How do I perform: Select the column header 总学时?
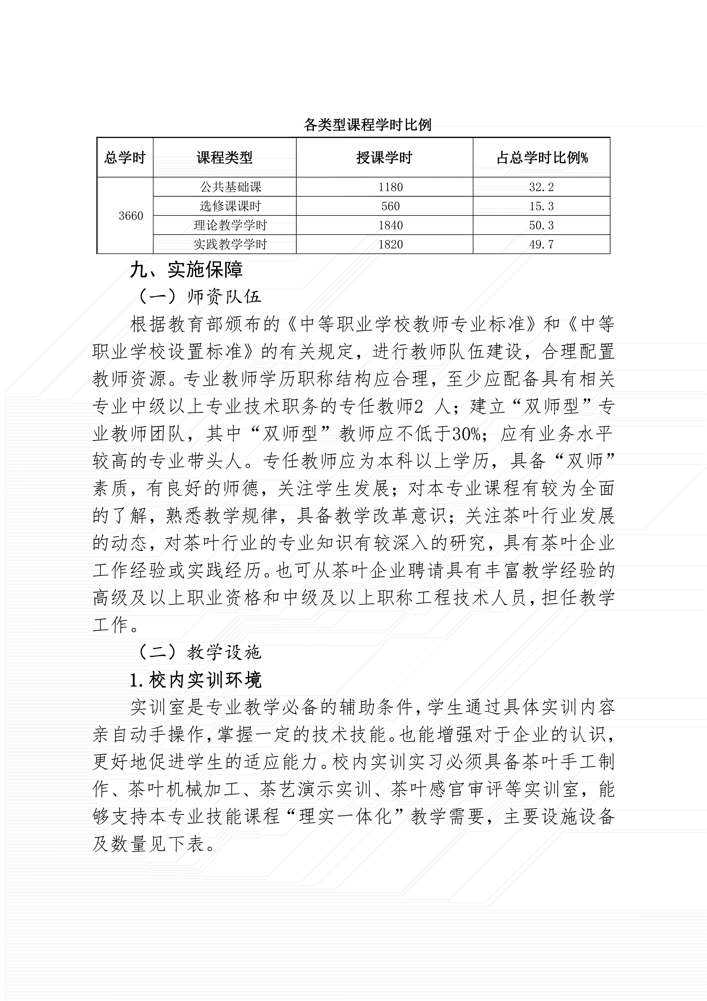[125, 157]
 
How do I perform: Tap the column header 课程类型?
[224, 157]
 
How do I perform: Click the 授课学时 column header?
[384, 157]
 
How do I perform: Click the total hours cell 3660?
[131, 216]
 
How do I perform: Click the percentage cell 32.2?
[542, 187]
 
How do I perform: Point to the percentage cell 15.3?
[542, 206]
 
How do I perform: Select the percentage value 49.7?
[542, 245]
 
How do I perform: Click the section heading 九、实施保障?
[186, 270]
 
